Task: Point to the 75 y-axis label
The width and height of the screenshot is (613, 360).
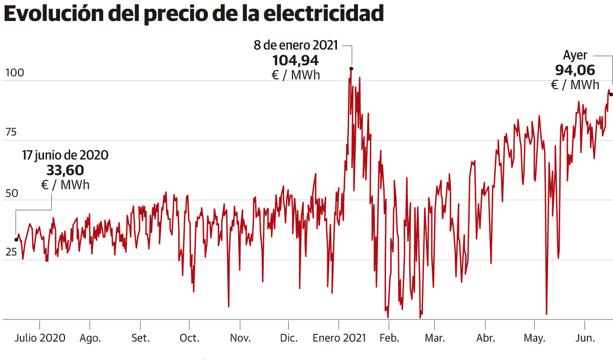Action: [x=12, y=133]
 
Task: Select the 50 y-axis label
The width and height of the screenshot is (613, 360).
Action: [x=12, y=192]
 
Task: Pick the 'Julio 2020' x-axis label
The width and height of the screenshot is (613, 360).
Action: [x=40, y=338]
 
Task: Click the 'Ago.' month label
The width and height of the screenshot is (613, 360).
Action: [x=89, y=338]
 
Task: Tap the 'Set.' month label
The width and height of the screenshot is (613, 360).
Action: [x=139, y=338]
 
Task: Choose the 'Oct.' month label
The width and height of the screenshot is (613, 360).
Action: [x=189, y=338]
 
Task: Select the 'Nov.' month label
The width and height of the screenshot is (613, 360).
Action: [x=240, y=338]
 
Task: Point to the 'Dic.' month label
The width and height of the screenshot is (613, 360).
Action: [x=289, y=338]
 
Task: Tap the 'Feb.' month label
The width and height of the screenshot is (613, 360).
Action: [x=388, y=338]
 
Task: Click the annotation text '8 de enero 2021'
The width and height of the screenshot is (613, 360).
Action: [x=297, y=44]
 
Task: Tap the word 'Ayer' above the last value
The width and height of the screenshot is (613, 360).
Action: [x=575, y=55]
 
